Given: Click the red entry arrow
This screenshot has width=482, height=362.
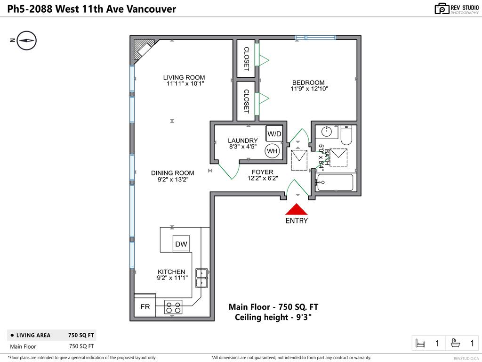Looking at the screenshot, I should coord(297,209).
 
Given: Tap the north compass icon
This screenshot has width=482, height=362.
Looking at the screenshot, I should coord(27,41).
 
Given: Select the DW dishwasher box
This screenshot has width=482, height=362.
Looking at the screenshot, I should coord(181,244).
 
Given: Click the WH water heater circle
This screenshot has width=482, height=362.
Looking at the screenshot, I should coord(272,151).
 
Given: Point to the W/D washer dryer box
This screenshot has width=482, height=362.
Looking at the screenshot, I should coord(274,134).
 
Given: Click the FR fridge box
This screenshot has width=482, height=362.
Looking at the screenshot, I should coord(145,307).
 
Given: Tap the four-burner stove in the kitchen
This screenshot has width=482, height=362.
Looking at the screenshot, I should coord(173,307).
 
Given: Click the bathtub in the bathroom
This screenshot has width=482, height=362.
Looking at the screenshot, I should coord(335,182).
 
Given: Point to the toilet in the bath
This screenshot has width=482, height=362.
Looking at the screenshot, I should coord(346,135).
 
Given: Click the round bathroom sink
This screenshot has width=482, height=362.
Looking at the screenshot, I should coord(326,132).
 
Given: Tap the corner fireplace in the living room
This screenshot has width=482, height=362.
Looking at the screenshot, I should coord(143,49).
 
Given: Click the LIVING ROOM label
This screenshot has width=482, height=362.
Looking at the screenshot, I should coord(184,78).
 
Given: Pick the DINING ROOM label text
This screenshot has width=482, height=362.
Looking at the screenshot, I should coord(172,173).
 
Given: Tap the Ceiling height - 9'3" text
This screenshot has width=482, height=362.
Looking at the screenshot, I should coord(273,317).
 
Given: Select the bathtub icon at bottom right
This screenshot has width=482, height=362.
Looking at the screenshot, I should coord(456,343).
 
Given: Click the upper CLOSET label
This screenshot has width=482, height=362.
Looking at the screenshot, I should coord(246,58).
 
